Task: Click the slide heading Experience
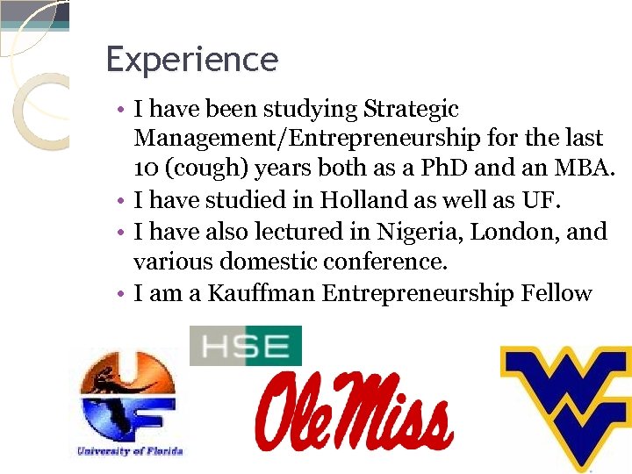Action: click(x=191, y=60)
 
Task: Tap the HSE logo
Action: click(x=246, y=346)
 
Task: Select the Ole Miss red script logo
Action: click(x=355, y=410)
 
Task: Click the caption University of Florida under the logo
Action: click(x=129, y=450)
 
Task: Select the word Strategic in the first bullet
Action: click(x=411, y=110)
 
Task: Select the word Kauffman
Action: click(x=262, y=293)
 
